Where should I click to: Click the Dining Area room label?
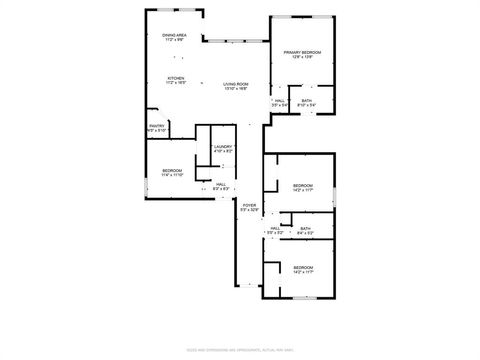pyautogui.click(x=175, y=36)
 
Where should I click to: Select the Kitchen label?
pyautogui.click(x=175, y=78)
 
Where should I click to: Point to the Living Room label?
pyautogui.click(x=235, y=83)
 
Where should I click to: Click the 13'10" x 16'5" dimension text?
pyautogui.click(x=235, y=89)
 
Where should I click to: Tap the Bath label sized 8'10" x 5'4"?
pyautogui.click(x=307, y=100)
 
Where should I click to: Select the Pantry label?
pyautogui.click(x=157, y=125)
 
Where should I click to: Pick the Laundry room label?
pyautogui.click(x=223, y=147)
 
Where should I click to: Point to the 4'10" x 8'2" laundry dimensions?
pyautogui.click(x=223, y=153)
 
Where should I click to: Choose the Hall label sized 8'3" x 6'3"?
pyautogui.click(x=221, y=184)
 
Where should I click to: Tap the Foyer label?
pyautogui.click(x=249, y=205)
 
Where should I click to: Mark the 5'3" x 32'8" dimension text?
pyautogui.click(x=249, y=211)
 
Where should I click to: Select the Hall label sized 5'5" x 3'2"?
pyautogui.click(x=275, y=229)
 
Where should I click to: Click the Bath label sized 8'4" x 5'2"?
pyautogui.click(x=305, y=229)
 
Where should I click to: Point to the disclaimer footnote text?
pyautogui.click(x=240, y=350)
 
